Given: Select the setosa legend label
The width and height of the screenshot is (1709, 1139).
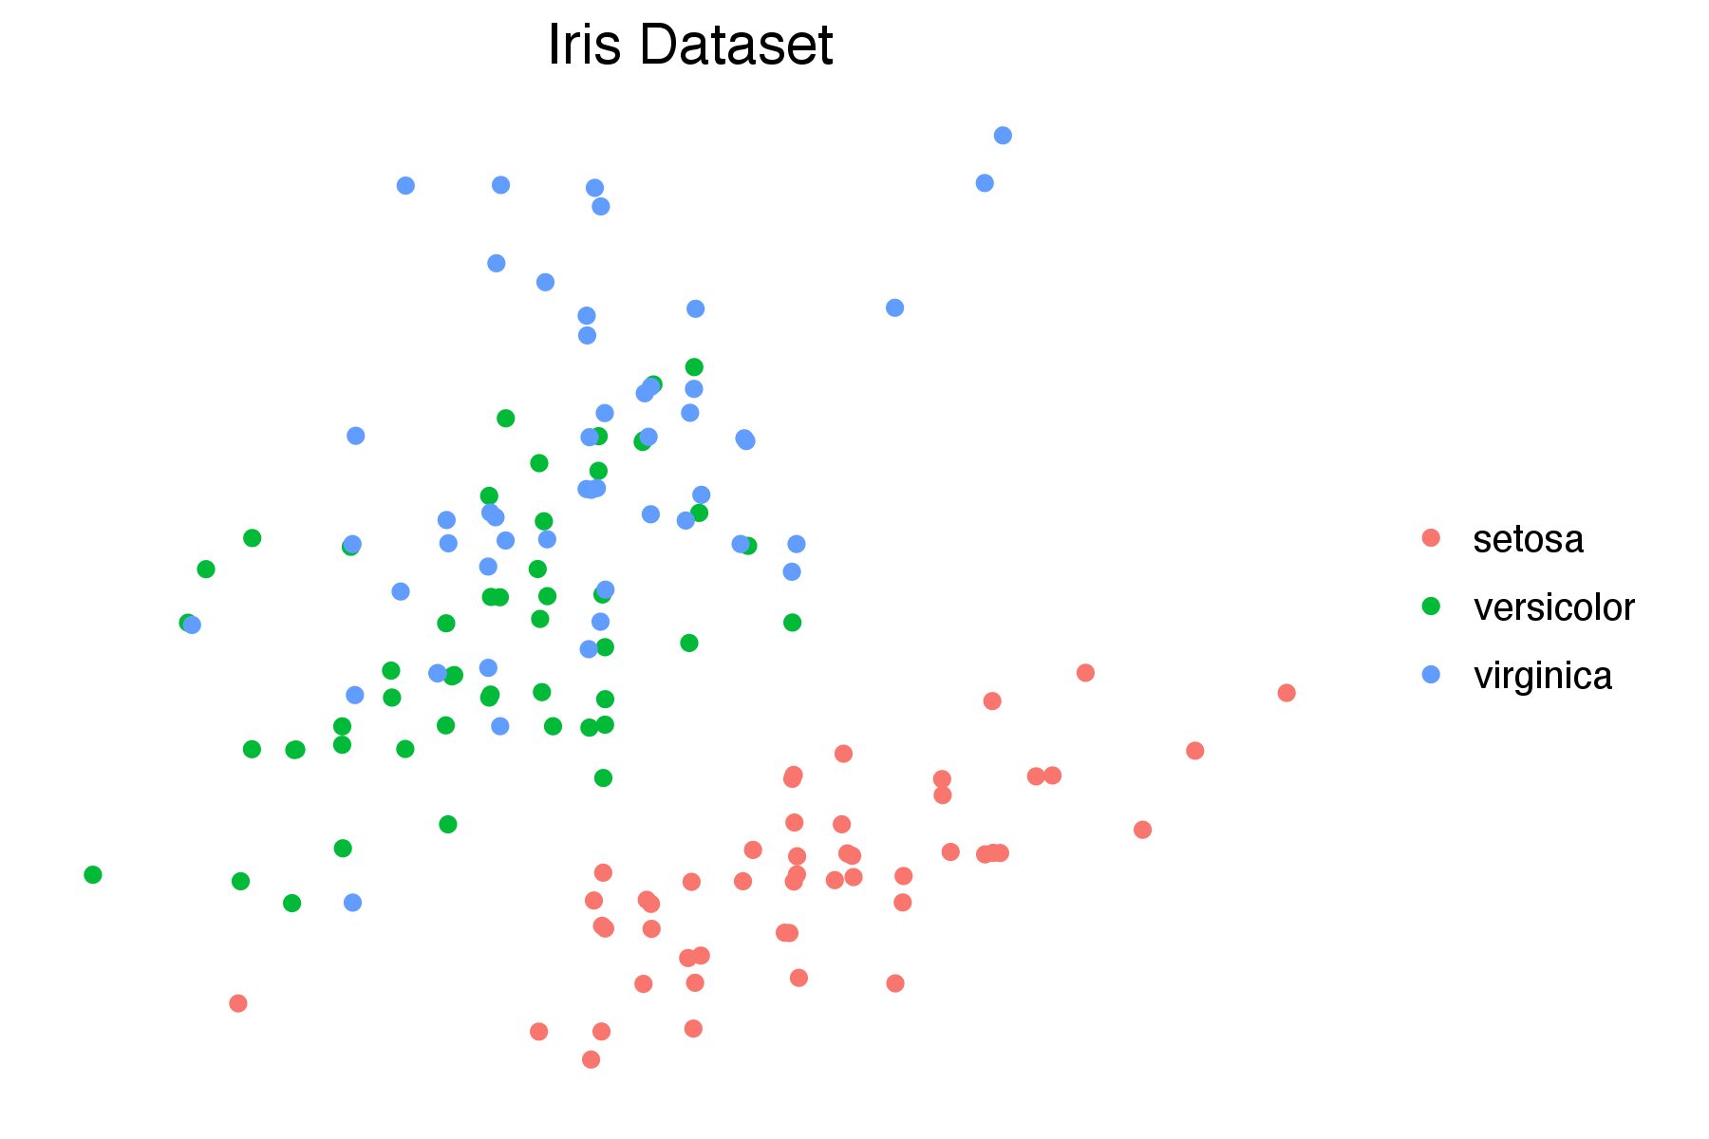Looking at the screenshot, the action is coord(1528,539).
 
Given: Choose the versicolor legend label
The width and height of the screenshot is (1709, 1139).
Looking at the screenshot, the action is coord(1553,607).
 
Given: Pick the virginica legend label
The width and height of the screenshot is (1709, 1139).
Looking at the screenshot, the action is coord(1542,676).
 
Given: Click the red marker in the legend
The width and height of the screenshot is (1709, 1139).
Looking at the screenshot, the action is coord(1431,538).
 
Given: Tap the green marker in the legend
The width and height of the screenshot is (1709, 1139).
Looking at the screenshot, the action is coord(1431,607).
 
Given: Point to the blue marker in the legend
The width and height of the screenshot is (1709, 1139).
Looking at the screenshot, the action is coord(1431,675).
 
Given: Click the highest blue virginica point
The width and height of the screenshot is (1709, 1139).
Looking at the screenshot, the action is coord(1003,136).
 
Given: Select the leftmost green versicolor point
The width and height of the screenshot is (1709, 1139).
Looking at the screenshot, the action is coord(93,874).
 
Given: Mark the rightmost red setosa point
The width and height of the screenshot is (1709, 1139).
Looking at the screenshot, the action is coord(1286,693).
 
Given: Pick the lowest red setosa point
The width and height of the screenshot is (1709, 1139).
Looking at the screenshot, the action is coord(591,1059).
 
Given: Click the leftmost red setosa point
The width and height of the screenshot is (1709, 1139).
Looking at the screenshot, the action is coord(238,1003).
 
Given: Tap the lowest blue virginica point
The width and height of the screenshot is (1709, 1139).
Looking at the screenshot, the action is coord(352,903).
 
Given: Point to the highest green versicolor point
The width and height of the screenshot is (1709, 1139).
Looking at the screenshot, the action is coord(694,367).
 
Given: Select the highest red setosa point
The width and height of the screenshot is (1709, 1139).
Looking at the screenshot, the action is coord(1085,673).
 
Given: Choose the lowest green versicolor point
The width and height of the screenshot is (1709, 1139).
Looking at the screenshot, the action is coord(292,903).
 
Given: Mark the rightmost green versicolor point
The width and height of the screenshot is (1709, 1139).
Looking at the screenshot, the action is coord(793,623).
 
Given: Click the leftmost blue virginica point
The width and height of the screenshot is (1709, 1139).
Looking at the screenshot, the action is coord(192,625).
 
